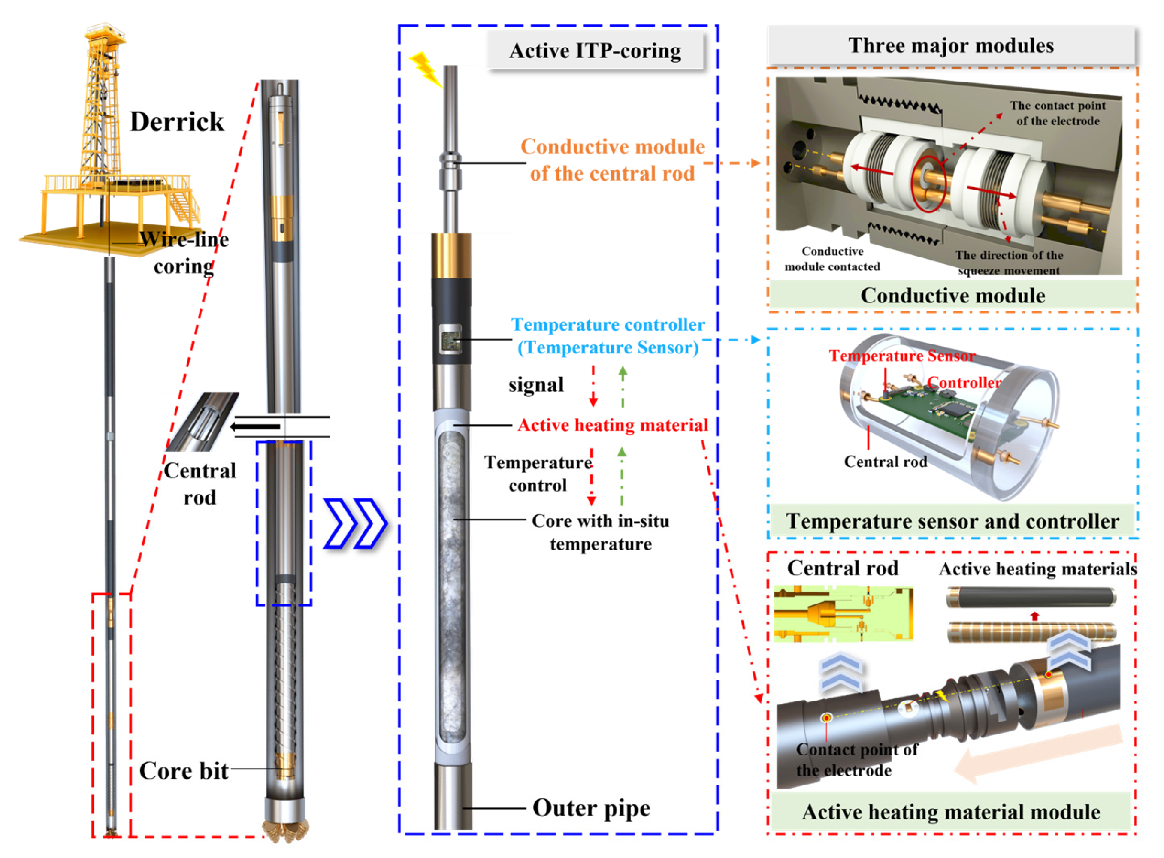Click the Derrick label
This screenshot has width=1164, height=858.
point(177,122)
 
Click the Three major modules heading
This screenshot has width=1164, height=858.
point(950,46)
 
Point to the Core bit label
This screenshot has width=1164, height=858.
point(183,771)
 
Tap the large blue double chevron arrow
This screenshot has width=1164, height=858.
point(355,523)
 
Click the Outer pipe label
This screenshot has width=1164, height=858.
point(591,808)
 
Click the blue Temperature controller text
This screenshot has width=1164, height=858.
point(608,325)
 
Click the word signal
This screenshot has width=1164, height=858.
point(535,385)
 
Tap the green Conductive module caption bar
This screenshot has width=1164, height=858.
point(952,296)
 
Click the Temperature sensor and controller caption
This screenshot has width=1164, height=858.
point(952,521)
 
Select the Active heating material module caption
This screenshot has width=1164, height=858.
point(950,812)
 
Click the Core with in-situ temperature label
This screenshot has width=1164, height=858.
point(600,532)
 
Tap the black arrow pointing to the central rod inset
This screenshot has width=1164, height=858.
point(256,427)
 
